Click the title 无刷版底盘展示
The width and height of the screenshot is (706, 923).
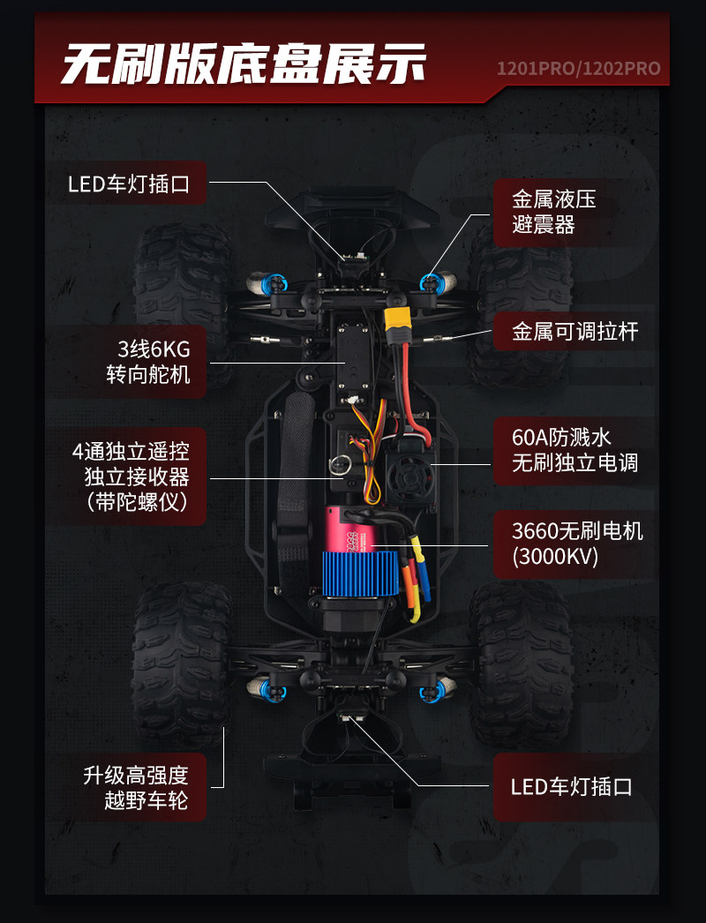click(244, 64)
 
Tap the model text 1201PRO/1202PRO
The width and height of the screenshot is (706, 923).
click(578, 69)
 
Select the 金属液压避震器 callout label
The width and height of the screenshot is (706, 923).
click(553, 212)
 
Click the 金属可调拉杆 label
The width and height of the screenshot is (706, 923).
click(575, 332)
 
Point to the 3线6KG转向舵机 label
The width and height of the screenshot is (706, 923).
click(148, 362)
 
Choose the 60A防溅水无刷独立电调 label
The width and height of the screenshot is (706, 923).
click(575, 450)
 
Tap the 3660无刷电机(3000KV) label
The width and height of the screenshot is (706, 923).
click(577, 544)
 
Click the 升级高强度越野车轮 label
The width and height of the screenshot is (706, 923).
click(135, 788)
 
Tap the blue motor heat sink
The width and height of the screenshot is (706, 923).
click(360, 574)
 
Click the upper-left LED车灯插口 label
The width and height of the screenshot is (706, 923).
click(129, 184)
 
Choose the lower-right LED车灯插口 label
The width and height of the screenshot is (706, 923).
click(571, 787)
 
